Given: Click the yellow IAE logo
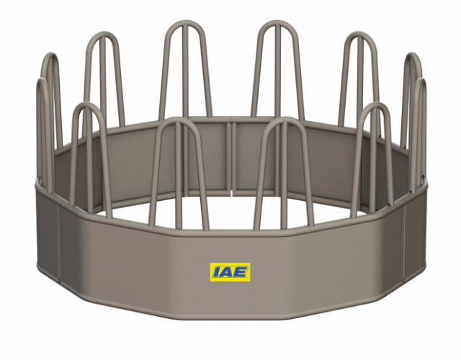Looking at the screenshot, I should [230, 272].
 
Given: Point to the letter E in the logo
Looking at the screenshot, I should [242, 272].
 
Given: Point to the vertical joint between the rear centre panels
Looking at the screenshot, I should [230, 155].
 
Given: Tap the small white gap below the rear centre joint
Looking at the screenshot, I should [230, 192].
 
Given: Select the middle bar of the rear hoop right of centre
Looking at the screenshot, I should [277, 72].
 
